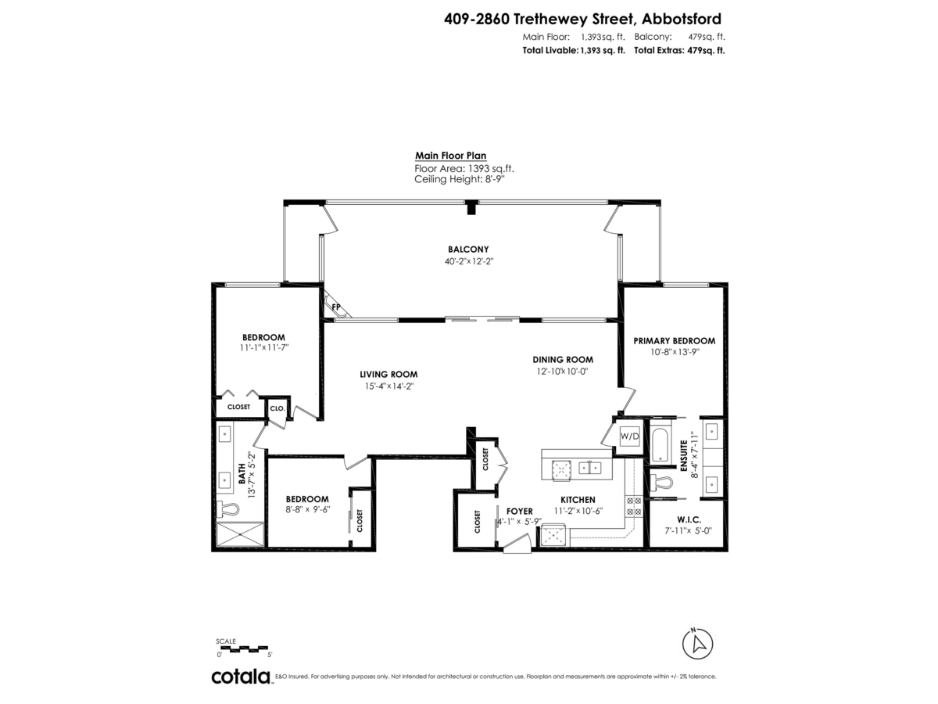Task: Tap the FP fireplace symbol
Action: [337, 307]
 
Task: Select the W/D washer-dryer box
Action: [630, 435]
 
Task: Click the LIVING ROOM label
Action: [388, 374]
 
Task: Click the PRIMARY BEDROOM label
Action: [674, 341]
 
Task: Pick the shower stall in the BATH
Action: [242, 535]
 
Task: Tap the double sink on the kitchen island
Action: [589, 468]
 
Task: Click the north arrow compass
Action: [697, 644]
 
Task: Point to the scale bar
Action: [244, 648]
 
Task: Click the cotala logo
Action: [241, 677]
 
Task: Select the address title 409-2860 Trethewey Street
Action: [582, 18]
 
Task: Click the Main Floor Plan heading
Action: [450, 156]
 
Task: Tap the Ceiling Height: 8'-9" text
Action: [460, 179]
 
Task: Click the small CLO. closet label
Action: [277, 408]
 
